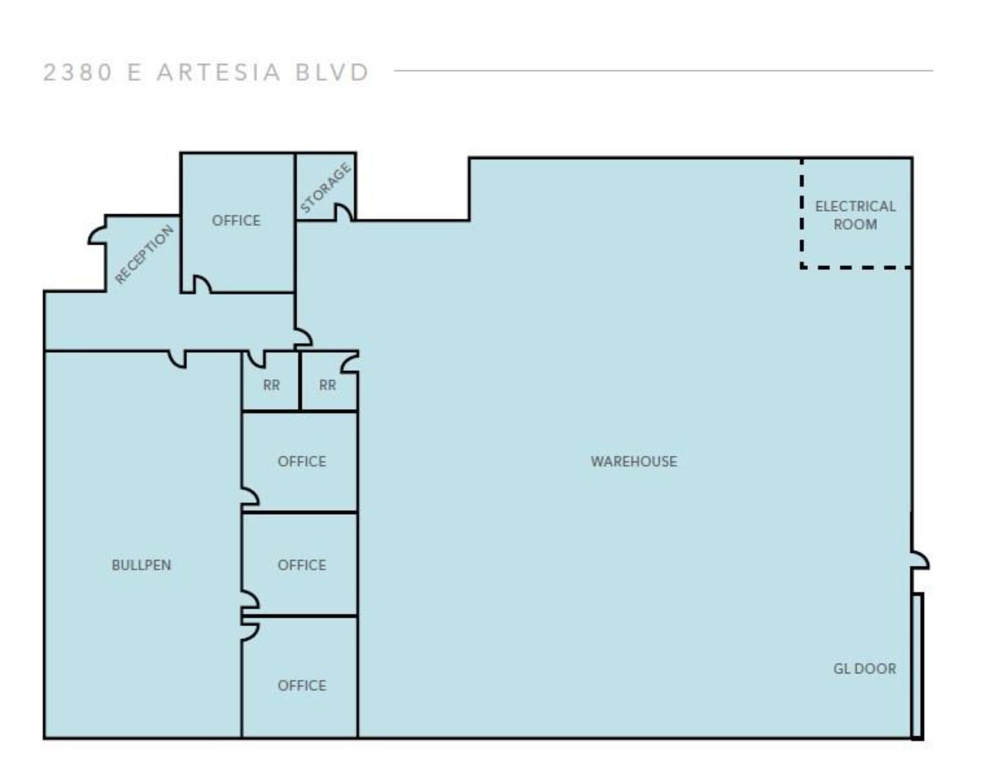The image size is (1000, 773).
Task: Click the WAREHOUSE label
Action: tap(633, 461)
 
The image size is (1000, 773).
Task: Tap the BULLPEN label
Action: tap(141, 565)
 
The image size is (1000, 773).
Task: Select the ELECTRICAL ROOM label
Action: tap(855, 215)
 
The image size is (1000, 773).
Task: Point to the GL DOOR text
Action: tap(864, 669)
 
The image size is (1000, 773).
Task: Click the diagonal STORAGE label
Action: tap(325, 188)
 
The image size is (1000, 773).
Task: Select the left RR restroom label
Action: tap(271, 385)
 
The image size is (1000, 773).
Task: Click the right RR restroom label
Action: tap(327, 385)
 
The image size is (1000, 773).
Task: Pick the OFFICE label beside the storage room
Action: tap(236, 221)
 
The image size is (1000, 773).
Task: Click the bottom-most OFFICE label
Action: tap(301, 686)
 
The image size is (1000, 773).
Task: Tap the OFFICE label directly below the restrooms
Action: tap(301, 461)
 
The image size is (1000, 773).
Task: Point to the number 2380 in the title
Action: tap(78, 73)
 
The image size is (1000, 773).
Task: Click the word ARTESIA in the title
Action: tap(218, 73)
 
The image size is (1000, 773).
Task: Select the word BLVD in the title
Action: tap(332, 73)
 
